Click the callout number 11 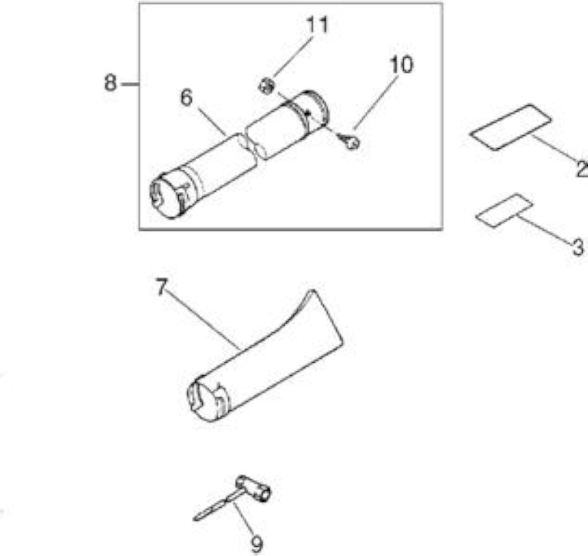[x=317, y=25]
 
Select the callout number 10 [x=401, y=65]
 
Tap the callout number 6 [x=186, y=98]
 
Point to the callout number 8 [x=110, y=83]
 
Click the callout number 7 [x=161, y=287]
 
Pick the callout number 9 [x=257, y=544]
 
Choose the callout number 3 [x=578, y=247]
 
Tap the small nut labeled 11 [x=266, y=86]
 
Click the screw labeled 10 [x=349, y=142]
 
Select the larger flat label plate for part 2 [x=511, y=128]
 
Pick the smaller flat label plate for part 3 [x=504, y=211]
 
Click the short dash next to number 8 [x=130, y=84]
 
